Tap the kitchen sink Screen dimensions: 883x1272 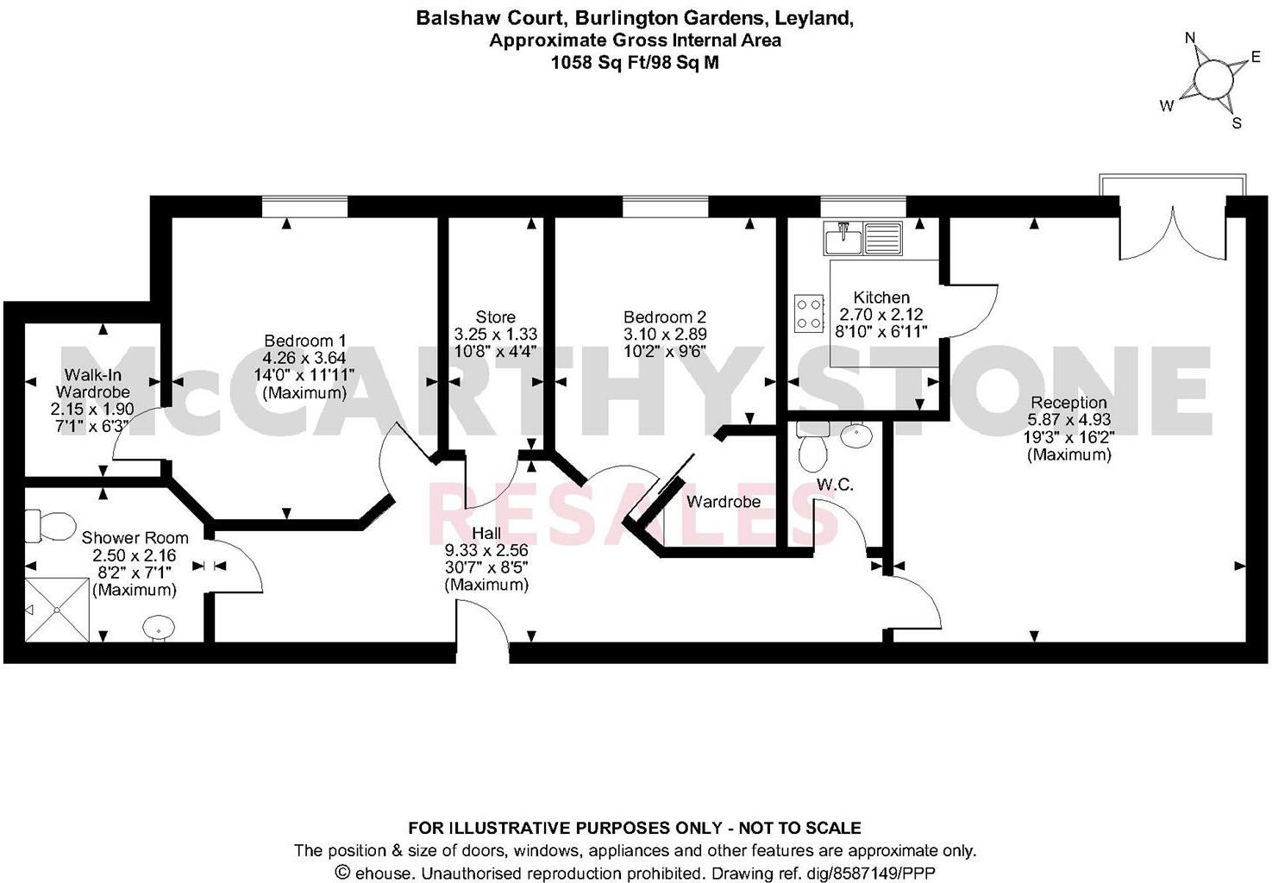(x=862, y=238)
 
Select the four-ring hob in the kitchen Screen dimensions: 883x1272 (x=809, y=313)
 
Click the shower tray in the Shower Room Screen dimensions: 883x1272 (x=57, y=610)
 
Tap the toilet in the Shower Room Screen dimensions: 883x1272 (x=52, y=525)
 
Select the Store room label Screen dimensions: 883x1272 (x=496, y=317)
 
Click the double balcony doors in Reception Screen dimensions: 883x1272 (x=1172, y=230)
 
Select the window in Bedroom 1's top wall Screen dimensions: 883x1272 (x=304, y=206)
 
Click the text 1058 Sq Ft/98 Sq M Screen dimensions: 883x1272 (x=636, y=62)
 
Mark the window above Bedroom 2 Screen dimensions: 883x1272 (x=665, y=206)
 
